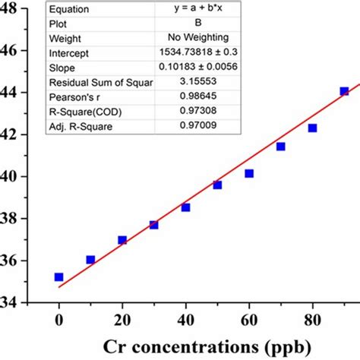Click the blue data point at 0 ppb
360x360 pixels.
[x=58, y=277]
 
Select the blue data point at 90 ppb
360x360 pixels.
[x=344, y=91]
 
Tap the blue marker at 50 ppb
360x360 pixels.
[x=217, y=185]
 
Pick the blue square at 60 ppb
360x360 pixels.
[x=249, y=173]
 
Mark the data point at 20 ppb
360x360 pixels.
[x=122, y=240]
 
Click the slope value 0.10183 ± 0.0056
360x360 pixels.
[x=195, y=68]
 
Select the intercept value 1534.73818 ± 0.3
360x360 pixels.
[x=195, y=53]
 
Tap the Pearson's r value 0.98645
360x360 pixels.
[x=195, y=96]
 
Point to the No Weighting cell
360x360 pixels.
[x=195, y=39]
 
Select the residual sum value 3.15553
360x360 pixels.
[x=195, y=82]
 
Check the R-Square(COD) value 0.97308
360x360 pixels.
[x=195, y=111]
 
